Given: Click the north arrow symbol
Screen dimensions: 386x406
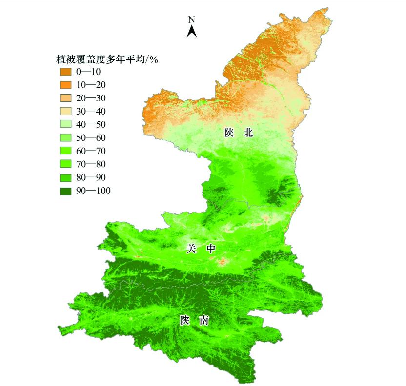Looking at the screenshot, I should (192, 32).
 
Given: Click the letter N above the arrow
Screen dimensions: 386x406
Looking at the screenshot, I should (192, 20).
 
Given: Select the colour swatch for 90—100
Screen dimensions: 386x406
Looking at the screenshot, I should (66, 191).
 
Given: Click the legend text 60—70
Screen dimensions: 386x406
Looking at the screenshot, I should (91, 151).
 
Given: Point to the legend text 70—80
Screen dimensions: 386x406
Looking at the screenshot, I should (91, 164).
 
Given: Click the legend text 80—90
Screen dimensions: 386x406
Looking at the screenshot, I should (91, 177).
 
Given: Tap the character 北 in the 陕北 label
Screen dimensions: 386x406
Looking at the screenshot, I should (248, 133).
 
